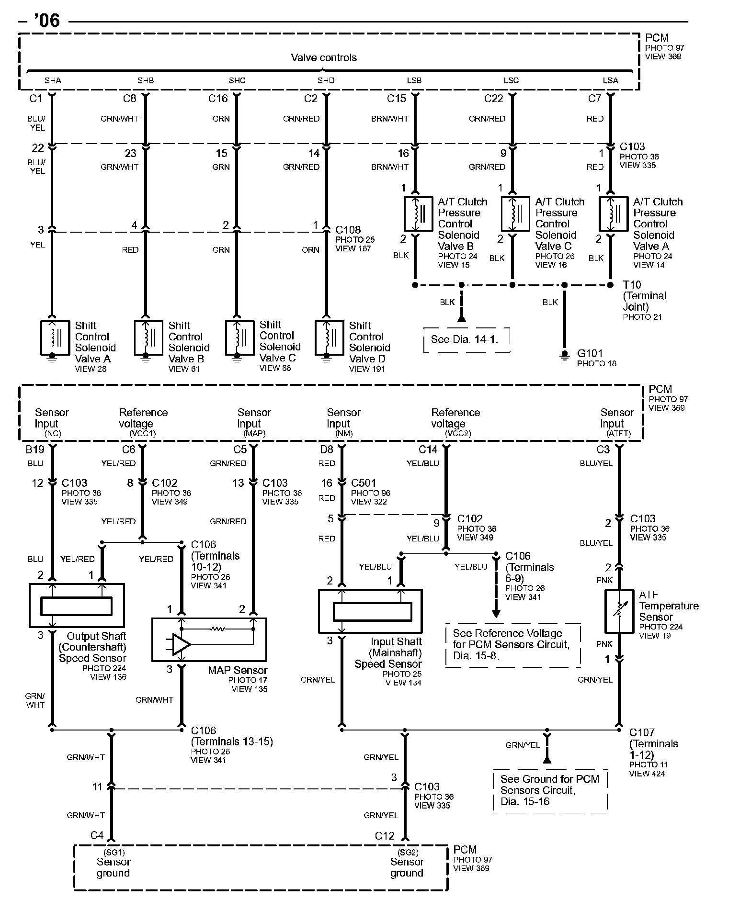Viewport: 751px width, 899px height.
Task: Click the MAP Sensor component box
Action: [209, 639]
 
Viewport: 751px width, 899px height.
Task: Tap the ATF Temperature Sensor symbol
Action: [619, 611]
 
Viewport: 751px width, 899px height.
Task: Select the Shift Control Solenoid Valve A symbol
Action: [55, 338]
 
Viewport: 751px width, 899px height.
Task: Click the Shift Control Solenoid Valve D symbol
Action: [329, 338]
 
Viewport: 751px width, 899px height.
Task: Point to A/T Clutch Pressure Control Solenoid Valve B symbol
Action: [418, 214]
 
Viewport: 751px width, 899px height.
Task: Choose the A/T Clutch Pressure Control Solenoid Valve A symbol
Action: [614, 214]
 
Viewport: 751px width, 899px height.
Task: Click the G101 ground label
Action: [590, 353]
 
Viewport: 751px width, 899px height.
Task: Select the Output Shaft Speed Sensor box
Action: [77, 605]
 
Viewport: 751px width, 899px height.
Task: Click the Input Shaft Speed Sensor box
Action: [370, 611]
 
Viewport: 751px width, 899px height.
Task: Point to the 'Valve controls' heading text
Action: [324, 58]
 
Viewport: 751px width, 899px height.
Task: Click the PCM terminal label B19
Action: [35, 449]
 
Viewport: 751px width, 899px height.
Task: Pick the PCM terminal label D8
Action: [326, 449]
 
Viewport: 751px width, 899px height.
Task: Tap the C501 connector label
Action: [364, 483]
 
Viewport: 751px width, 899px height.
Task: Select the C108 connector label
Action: [348, 230]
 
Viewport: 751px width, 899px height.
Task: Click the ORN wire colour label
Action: [310, 250]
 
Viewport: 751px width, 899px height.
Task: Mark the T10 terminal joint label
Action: [632, 285]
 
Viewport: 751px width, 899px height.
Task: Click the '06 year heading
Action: [46, 21]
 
